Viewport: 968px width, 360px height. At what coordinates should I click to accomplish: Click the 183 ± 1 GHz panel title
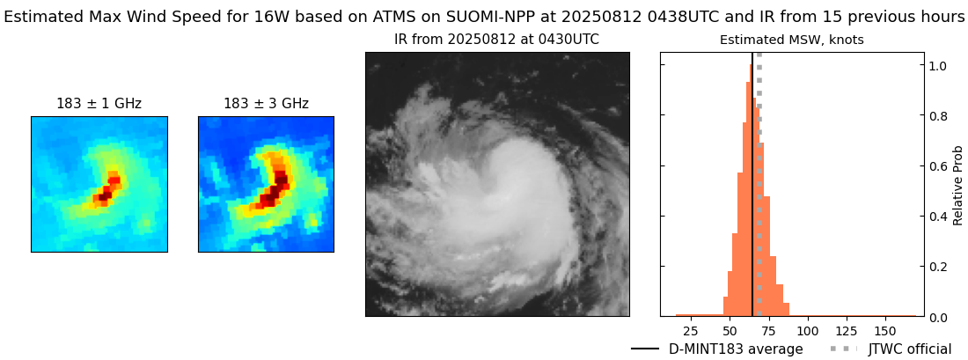tap(99, 104)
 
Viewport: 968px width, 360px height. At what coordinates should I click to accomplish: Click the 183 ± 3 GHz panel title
tap(266, 104)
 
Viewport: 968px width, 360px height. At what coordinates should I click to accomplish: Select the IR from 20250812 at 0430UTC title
tap(496, 40)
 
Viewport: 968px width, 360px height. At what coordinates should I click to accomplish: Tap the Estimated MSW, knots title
tap(791, 40)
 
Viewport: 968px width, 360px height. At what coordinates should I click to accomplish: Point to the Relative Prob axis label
tap(957, 185)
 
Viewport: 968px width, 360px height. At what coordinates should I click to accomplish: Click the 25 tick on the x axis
tap(691, 331)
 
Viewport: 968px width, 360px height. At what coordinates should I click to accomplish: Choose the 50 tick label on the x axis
tap(730, 331)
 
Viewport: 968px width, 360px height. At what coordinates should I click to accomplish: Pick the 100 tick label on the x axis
tap(808, 331)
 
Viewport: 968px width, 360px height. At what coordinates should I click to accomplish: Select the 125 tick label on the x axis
tap(847, 331)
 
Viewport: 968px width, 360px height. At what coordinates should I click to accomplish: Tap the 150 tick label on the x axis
tap(886, 331)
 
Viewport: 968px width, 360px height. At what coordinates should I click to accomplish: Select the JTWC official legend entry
tap(909, 349)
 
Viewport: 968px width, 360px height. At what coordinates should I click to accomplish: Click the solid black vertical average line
tap(752, 176)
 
